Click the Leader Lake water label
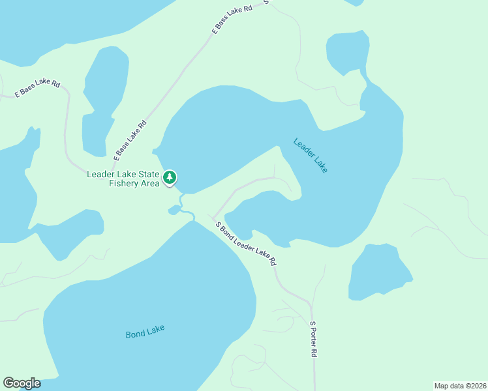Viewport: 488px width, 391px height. click(311, 155)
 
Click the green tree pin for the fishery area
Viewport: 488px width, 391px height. click(170, 177)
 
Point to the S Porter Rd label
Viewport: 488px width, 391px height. click(313, 339)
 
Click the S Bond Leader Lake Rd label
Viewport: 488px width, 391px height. click(246, 243)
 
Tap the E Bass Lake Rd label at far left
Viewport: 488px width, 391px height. click(38, 89)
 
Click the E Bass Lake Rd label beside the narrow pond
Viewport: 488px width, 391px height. click(130, 140)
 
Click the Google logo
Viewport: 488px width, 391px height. click(22, 383)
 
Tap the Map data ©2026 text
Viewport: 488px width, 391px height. click(460, 386)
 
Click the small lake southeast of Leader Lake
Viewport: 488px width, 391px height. click(378, 272)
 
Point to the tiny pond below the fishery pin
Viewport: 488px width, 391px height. click(174, 210)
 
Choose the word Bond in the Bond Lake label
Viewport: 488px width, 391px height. click(135, 334)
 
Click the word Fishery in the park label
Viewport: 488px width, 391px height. click(123, 184)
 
